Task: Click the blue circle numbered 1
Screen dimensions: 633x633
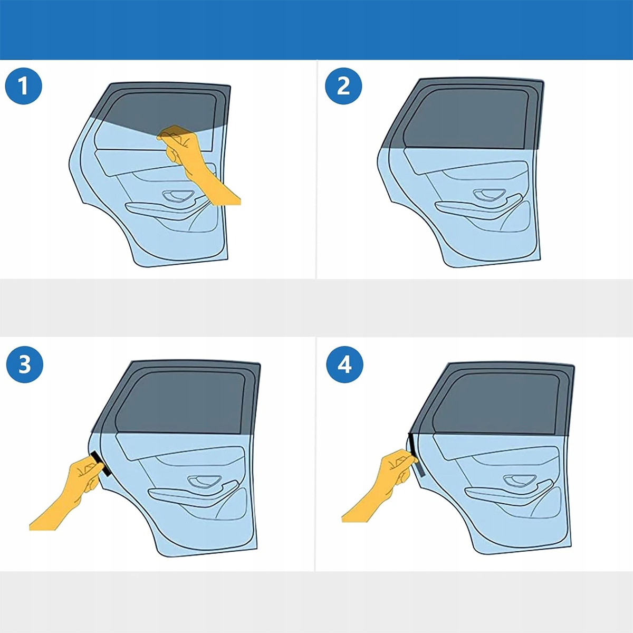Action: click(24, 86)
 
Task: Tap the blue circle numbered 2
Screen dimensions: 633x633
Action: click(343, 86)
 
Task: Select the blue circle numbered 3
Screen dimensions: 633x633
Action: click(25, 364)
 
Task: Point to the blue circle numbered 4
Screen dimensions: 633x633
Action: click(344, 364)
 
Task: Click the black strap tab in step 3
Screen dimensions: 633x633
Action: click(101, 464)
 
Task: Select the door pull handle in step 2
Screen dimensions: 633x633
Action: click(488, 195)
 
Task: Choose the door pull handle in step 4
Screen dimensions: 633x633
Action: click(518, 481)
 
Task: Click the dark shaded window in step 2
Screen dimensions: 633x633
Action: click(466, 119)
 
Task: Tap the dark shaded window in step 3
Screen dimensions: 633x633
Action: click(180, 402)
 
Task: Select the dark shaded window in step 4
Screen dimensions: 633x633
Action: click(496, 405)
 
